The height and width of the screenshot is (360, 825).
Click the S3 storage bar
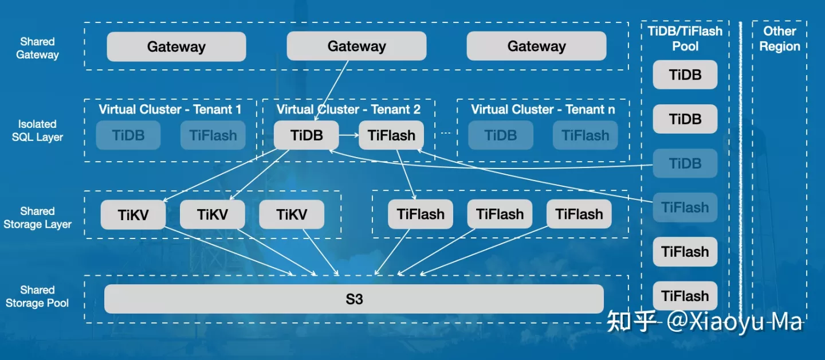353,299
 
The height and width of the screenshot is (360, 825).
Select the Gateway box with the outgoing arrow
356,46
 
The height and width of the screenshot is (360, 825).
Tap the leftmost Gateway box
176,46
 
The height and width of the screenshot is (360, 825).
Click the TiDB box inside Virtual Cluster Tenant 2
307,135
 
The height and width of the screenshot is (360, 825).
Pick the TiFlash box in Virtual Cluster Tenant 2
391,135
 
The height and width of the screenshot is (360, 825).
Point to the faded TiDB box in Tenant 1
128,135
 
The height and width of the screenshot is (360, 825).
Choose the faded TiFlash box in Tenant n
585,135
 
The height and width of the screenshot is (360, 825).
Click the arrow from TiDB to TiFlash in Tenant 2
348,136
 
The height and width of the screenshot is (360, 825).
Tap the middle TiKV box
212,214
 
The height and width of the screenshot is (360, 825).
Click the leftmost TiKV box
133,214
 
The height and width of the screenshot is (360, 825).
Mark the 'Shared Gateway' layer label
37,48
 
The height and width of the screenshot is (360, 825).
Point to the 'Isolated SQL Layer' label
37,131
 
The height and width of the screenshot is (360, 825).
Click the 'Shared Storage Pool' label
37,296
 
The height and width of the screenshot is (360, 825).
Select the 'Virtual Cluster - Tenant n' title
543,109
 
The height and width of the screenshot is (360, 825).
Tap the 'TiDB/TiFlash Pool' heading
685,38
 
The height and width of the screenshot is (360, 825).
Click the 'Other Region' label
779,38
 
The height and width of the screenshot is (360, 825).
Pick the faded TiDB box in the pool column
685,163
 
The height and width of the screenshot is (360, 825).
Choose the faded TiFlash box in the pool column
685,208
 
